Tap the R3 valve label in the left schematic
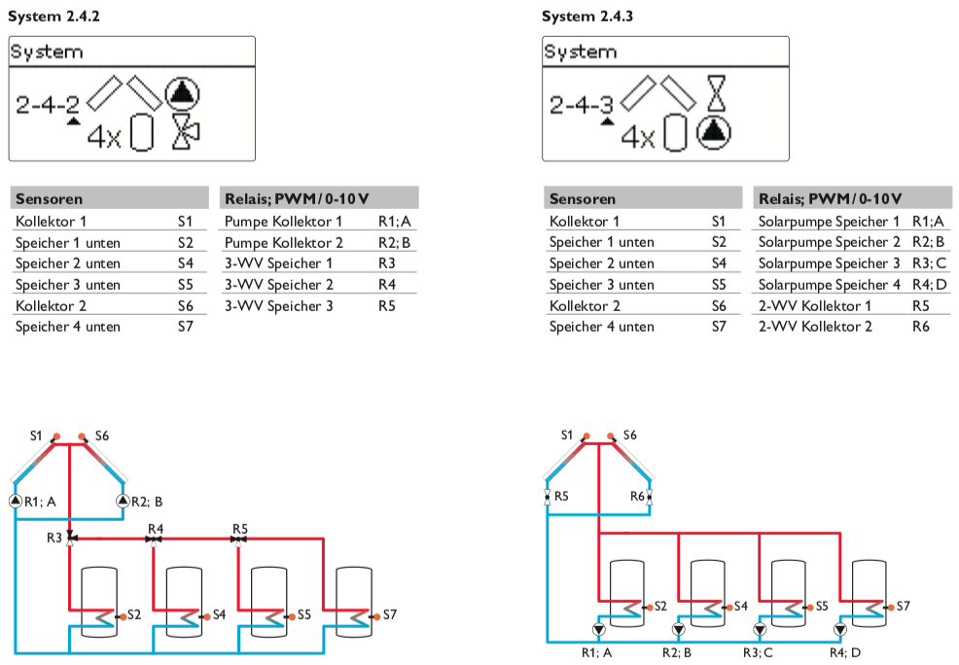point(53,538)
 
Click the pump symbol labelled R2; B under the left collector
point(123,501)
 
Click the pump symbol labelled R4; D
point(839,628)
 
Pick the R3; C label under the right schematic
point(759,652)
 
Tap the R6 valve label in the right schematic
point(637,496)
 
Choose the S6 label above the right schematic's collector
point(630,435)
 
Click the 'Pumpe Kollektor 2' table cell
point(283,242)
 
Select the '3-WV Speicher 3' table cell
point(278,305)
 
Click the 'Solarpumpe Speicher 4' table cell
point(829,284)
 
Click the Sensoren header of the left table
point(49,198)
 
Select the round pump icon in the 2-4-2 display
point(181,93)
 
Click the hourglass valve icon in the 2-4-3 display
point(717,93)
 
